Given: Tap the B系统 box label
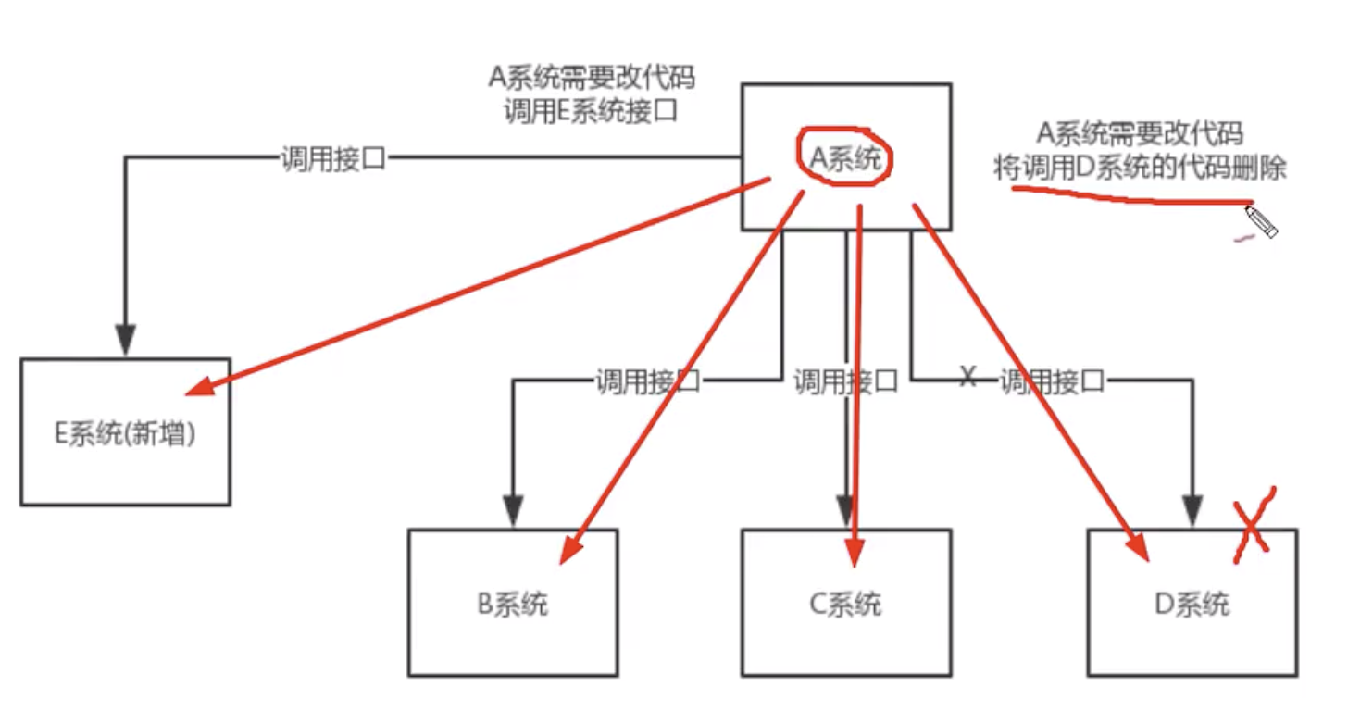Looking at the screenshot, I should [x=513, y=605].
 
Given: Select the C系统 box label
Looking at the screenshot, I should [x=845, y=605].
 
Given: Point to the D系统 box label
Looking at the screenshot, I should [x=1192, y=605].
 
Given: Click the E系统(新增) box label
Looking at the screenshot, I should [x=125, y=433].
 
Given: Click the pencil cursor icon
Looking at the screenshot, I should [x=1261, y=222].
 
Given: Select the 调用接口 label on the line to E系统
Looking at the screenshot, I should [x=333, y=158].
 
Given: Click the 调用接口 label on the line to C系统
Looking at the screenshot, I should [x=845, y=381].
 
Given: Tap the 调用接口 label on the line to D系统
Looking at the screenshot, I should [x=1053, y=381].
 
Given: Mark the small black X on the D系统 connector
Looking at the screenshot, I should [x=967, y=377].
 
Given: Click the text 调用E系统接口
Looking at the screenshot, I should [x=592, y=111].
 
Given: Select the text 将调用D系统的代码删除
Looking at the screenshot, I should [x=1140, y=169].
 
